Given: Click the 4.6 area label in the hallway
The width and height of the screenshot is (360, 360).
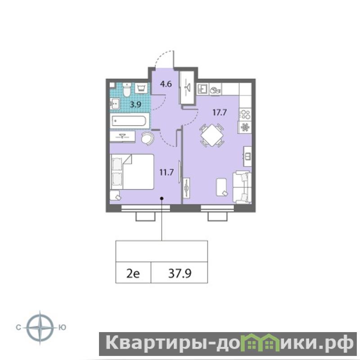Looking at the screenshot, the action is pyautogui.click(x=166, y=84).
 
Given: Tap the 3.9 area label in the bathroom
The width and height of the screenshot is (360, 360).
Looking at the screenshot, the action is pyautogui.click(x=135, y=105).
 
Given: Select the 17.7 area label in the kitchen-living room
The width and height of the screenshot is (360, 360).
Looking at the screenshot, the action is pyautogui.click(x=220, y=112).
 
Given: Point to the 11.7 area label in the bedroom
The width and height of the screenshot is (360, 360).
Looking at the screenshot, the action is pyautogui.click(x=166, y=172).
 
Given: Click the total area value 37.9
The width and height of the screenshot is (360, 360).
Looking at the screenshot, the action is pyautogui.click(x=180, y=274).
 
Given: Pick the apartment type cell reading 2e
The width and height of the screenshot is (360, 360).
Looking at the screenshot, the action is pyautogui.click(x=133, y=274).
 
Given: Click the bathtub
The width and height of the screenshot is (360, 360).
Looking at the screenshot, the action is pyautogui.click(x=130, y=121).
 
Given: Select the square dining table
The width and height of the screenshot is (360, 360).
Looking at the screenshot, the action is pyautogui.click(x=212, y=135).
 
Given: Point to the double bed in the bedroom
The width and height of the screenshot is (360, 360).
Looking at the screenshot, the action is pyautogui.click(x=132, y=172).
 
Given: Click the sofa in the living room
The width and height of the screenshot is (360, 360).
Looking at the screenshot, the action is pyautogui.click(x=242, y=187).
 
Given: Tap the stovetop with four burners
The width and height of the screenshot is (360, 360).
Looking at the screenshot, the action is pyautogui.click(x=245, y=114).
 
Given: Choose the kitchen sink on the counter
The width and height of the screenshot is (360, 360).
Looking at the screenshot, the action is pyautogui.click(x=202, y=89).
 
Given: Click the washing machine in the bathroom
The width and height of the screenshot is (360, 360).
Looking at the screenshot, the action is pyautogui.click(x=141, y=88).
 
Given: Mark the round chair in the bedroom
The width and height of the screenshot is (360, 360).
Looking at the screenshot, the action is pyautogui.click(x=148, y=138).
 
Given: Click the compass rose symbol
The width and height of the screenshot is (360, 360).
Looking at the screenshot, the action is pyautogui.click(x=40, y=328).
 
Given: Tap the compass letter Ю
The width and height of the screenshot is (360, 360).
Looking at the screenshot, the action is pyautogui.click(x=62, y=328).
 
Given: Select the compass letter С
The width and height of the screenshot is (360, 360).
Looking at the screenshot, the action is pyautogui.click(x=18, y=328).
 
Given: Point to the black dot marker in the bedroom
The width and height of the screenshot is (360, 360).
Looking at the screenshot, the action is pyautogui.click(x=162, y=198).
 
